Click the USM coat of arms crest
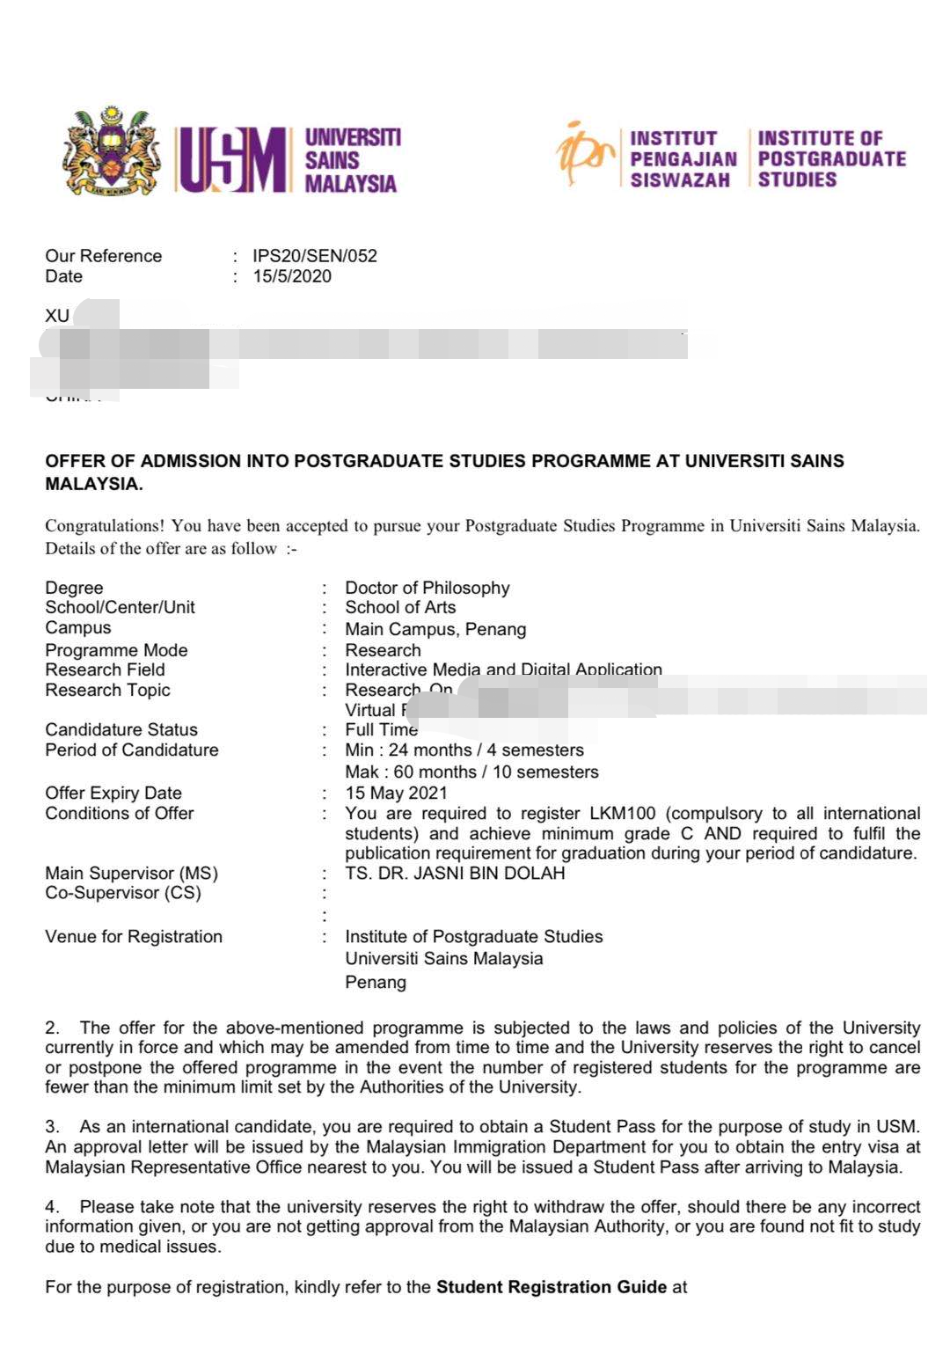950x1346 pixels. tap(112, 152)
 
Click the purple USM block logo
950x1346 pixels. tap(233, 160)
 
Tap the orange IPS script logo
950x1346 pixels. tap(584, 154)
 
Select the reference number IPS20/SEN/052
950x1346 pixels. tap(315, 256)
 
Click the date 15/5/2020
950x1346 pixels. tap(292, 276)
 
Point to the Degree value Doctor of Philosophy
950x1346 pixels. tap(427, 588)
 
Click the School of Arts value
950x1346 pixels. tap(400, 607)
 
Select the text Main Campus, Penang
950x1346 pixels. tap(435, 629)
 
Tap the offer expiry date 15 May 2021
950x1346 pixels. tap(396, 793)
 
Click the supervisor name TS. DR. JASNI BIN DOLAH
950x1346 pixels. tap(455, 874)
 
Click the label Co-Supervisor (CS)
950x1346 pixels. tap(123, 893)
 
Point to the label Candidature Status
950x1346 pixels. tap(121, 729)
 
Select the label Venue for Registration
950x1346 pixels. tap(134, 937)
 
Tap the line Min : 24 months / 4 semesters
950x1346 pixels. tap(464, 750)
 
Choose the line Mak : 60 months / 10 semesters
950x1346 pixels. tap(471, 772)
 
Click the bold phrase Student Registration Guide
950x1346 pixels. tap(552, 1287)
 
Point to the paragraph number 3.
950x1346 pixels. tap(52, 1127)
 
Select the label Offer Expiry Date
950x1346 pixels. tap(113, 793)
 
